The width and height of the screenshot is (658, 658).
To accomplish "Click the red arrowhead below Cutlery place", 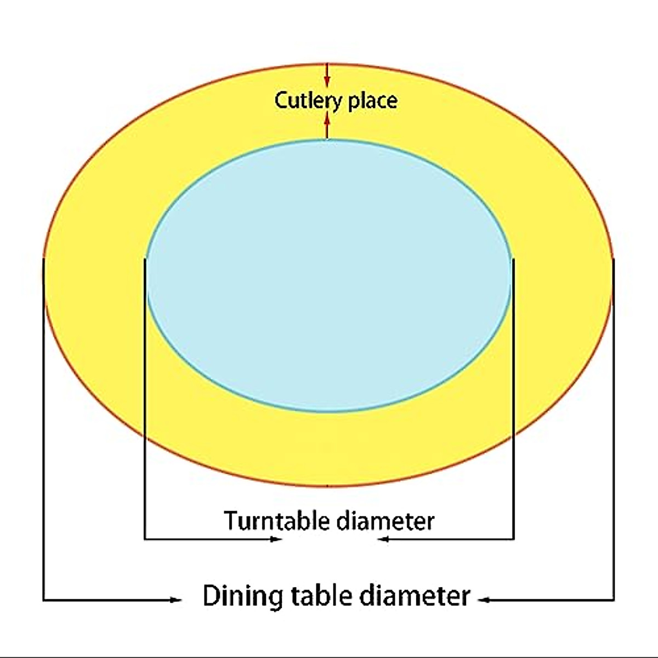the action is [327, 118].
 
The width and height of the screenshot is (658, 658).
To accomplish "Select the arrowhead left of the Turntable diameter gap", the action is [277, 540].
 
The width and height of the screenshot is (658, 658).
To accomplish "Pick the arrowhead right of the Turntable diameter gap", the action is [383, 540].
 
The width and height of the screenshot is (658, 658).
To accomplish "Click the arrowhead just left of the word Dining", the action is [177, 600].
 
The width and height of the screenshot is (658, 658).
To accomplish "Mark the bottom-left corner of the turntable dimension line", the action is [145, 540].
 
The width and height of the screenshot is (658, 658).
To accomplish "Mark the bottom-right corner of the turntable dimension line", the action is [514, 540].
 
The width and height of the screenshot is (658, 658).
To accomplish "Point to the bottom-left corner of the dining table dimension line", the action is [44, 600].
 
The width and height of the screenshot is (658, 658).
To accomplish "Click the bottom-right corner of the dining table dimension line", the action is [614, 600].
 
